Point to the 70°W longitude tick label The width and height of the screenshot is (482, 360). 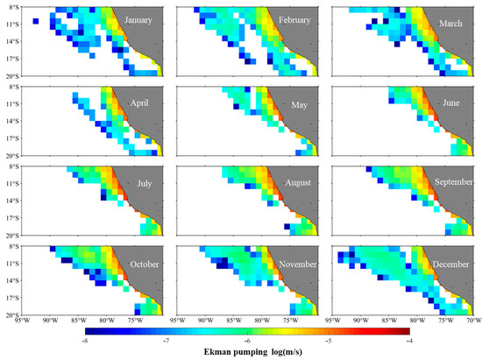(473, 321)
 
